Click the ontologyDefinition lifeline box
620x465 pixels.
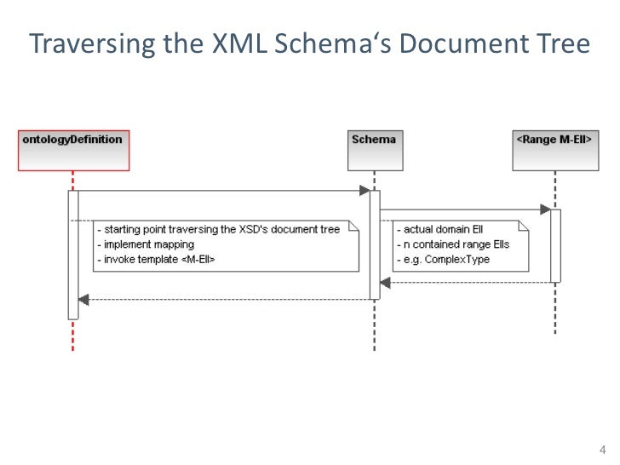coord(72,140)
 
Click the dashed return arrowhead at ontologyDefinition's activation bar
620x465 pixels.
coord(83,298)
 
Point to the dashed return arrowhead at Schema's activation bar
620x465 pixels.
coord(386,280)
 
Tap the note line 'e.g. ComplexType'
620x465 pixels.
coord(443,259)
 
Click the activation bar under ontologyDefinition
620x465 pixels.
coord(73,255)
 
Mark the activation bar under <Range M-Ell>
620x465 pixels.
coord(555,245)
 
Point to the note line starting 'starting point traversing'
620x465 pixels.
coord(219,230)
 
